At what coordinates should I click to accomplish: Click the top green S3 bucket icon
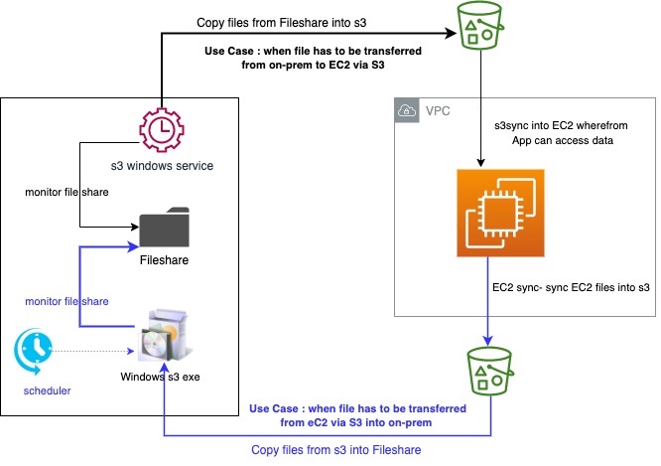coord(480,27)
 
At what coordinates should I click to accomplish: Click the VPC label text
coord(438,111)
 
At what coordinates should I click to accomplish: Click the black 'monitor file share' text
coord(66,190)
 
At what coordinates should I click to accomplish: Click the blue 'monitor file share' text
coord(66,299)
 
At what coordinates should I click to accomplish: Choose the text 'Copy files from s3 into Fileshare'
coord(336,450)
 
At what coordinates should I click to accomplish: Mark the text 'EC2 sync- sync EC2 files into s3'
coord(571,288)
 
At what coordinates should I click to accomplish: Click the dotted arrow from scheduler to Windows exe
coord(94,351)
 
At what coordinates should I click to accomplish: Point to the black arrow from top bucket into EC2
coord(481,109)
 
